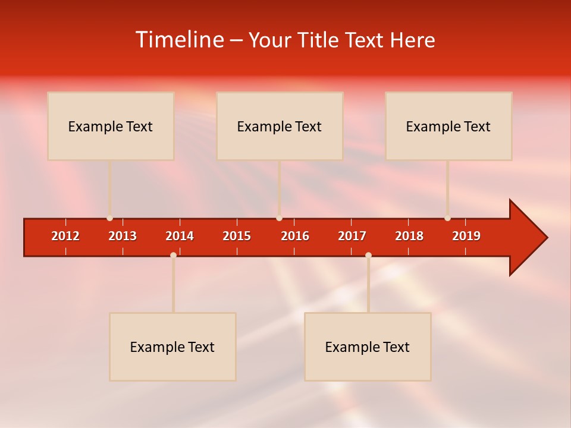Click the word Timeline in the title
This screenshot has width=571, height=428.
(180, 40)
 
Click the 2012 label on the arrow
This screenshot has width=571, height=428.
(65, 236)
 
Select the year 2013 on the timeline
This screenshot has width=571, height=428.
(123, 236)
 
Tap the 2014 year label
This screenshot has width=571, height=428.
(180, 236)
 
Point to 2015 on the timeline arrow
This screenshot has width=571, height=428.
(237, 236)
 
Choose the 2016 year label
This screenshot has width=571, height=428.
(295, 236)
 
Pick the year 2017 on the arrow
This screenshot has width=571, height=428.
(352, 236)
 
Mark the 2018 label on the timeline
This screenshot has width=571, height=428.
(409, 236)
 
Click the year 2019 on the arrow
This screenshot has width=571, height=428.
(466, 236)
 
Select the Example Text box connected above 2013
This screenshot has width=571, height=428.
(111, 126)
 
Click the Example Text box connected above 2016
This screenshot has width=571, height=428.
(280, 126)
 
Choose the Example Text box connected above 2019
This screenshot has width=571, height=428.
(448, 126)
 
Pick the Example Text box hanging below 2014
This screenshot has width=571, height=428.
(172, 347)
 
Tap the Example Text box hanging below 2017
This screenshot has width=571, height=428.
(368, 347)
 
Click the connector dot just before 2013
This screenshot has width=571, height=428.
(109, 218)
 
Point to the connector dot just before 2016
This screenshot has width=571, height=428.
(279, 218)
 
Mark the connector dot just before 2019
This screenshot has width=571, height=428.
(447, 218)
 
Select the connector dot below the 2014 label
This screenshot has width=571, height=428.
(173, 255)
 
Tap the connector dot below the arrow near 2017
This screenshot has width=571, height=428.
(368, 255)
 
